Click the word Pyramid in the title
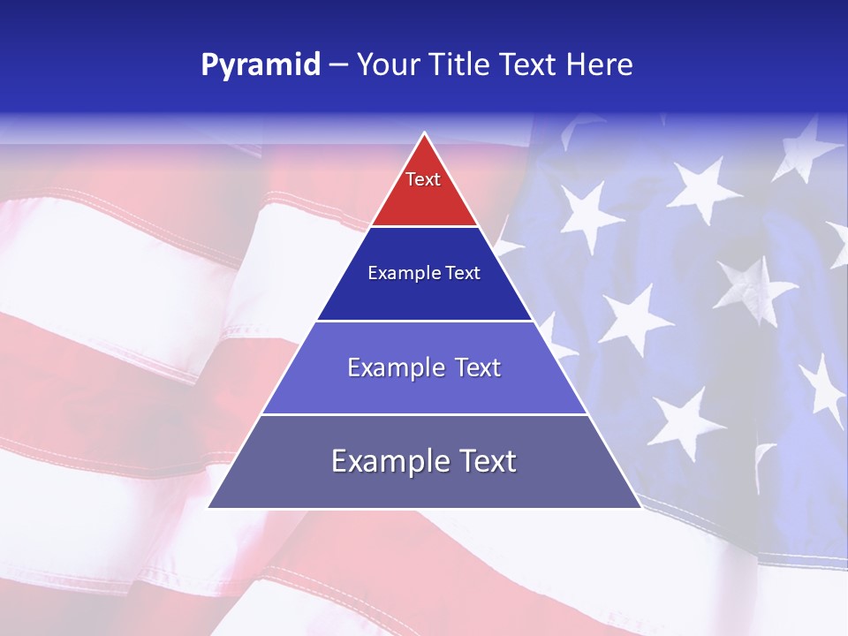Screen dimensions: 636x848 [x=260, y=65]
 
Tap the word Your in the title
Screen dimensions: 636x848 [x=386, y=65]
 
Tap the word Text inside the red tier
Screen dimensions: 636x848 [x=423, y=179]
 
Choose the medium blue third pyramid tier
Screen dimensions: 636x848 [x=424, y=389]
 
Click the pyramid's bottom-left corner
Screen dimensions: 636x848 [x=209, y=507]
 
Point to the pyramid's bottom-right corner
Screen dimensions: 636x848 [x=640, y=507]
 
